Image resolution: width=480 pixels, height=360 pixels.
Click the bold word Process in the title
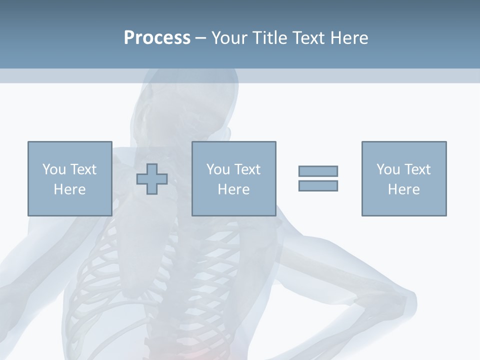click(157, 37)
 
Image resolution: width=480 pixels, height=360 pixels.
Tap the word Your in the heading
click(230, 37)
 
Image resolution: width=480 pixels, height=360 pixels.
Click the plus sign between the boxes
click(152, 179)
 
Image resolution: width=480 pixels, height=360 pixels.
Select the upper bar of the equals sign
click(318, 171)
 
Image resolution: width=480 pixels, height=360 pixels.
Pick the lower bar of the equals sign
click(318, 185)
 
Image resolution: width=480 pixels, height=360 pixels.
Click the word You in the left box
click(54, 169)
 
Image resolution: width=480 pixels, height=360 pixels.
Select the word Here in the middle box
click(233, 189)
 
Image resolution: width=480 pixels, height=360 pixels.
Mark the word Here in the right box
click(404, 189)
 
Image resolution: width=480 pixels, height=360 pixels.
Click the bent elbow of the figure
click(407, 300)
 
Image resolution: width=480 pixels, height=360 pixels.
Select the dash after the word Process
click(201, 38)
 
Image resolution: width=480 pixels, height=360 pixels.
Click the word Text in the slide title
click(307, 37)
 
